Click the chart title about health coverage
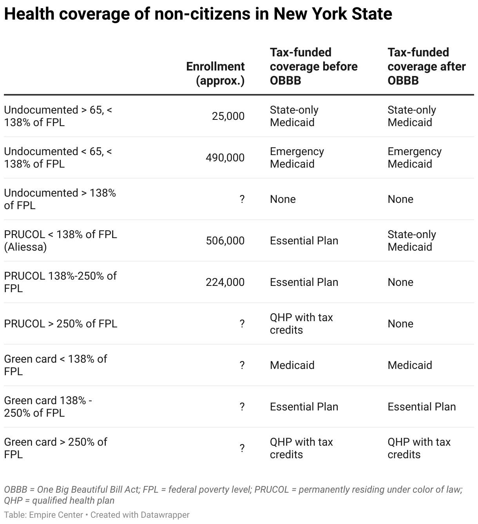pos(198,14)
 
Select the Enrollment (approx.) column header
pos(215,73)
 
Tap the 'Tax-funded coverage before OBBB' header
pos(313,66)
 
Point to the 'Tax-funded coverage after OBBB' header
pos(426,66)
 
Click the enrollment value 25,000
pos(228,116)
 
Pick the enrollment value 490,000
pos(225,158)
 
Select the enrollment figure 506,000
pos(225,241)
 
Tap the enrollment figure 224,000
pos(225,282)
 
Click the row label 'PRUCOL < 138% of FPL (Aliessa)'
pos(60,240)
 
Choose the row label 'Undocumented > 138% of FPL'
pos(60,199)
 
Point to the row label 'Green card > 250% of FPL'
pos(55,448)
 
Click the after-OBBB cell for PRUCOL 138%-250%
pos(400,282)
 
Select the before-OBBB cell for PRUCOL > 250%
pos(301,323)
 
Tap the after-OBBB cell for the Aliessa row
pos(411,240)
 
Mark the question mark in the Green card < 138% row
pos(242,365)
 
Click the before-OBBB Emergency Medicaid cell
pos(297,157)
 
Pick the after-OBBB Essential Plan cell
pos(421,407)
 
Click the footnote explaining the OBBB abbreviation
pos(233,495)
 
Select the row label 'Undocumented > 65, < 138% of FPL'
pos(58,116)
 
